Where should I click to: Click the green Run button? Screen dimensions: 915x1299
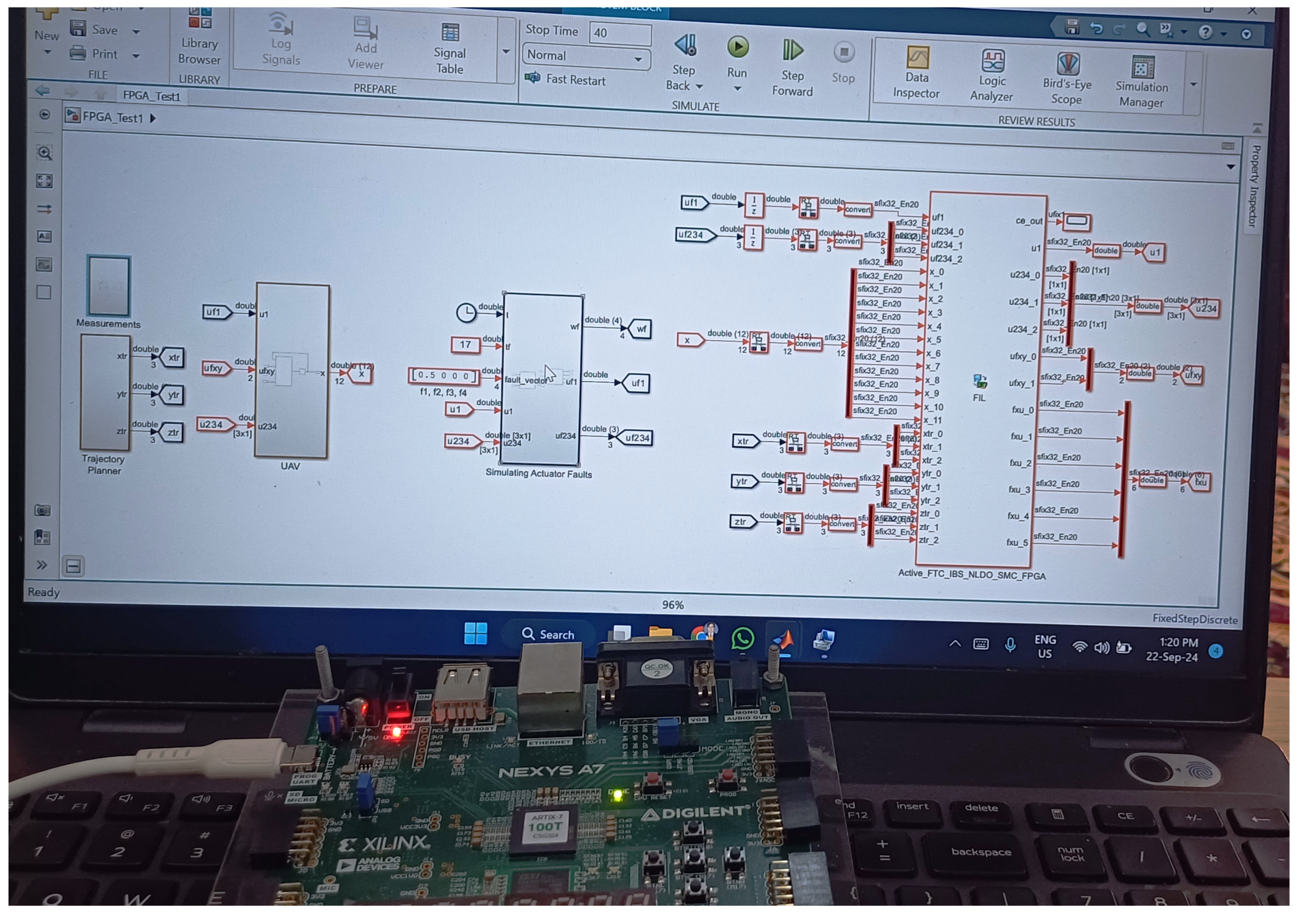click(x=738, y=48)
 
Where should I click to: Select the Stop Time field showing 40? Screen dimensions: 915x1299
click(x=620, y=33)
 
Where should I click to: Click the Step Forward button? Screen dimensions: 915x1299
click(x=792, y=50)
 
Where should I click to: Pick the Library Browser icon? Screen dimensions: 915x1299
click(x=200, y=18)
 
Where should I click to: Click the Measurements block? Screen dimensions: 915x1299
click(x=109, y=285)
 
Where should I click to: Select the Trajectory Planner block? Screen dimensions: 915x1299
click(x=105, y=392)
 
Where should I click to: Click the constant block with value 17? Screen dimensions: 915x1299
click(x=465, y=344)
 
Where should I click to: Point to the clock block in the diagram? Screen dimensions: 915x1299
click(x=466, y=312)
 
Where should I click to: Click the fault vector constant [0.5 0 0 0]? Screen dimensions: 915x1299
click(x=443, y=375)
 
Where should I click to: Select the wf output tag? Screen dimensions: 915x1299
click(x=640, y=328)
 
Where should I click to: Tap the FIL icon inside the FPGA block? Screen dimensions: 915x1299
click(x=980, y=381)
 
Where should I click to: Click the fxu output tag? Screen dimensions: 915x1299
click(x=1200, y=482)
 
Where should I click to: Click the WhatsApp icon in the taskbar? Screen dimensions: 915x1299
click(x=742, y=638)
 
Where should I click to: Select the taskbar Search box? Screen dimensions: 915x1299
click(x=548, y=634)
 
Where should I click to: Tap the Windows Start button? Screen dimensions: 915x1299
click(x=475, y=633)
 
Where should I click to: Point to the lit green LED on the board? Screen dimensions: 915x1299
click(x=618, y=795)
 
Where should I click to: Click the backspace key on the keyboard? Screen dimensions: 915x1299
click(x=981, y=852)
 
